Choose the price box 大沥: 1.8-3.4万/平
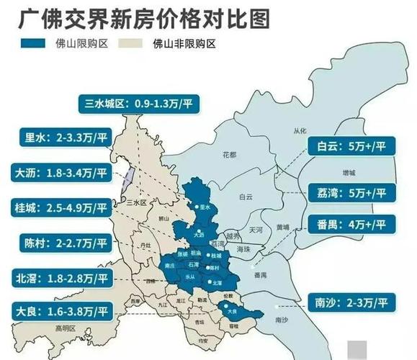pyautogui.click(x=60, y=173)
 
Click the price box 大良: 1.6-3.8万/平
pyautogui.click(x=60, y=312)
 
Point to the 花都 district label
pyautogui.click(x=229, y=154)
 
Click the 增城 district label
pyautogui.click(x=349, y=174)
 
